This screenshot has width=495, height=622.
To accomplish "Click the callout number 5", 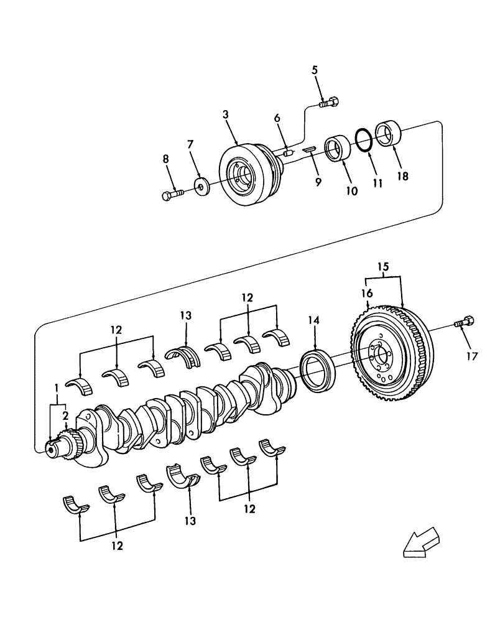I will pos(315,70).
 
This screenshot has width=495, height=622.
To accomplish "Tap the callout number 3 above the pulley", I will pos(226,114).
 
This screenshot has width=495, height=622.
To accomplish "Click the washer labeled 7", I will pos(201,186).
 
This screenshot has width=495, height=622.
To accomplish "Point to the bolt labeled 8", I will pos(172,195).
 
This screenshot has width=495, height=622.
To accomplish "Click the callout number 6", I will pos(277,118).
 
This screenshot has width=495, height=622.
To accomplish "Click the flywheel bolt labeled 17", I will pos(465,323).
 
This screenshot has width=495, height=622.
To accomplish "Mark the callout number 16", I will pos(367,293).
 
